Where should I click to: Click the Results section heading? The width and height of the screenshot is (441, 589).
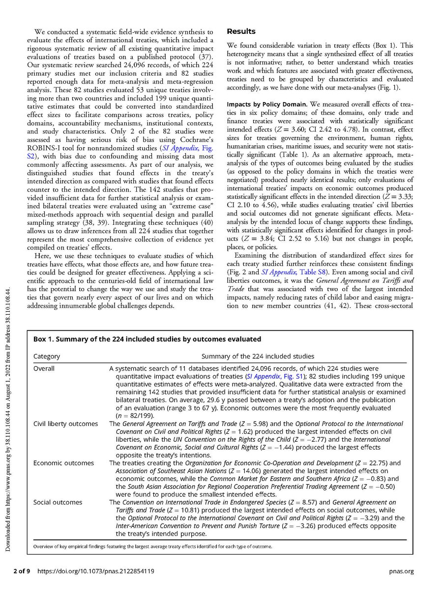(240, 31)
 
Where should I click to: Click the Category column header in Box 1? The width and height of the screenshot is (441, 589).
(47, 356)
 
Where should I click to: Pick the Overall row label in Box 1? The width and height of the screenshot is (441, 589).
(44, 369)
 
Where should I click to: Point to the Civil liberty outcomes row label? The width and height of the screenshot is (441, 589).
(65, 424)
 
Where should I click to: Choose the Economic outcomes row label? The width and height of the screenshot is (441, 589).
(63, 463)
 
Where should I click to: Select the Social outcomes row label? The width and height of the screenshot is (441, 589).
(58, 502)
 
